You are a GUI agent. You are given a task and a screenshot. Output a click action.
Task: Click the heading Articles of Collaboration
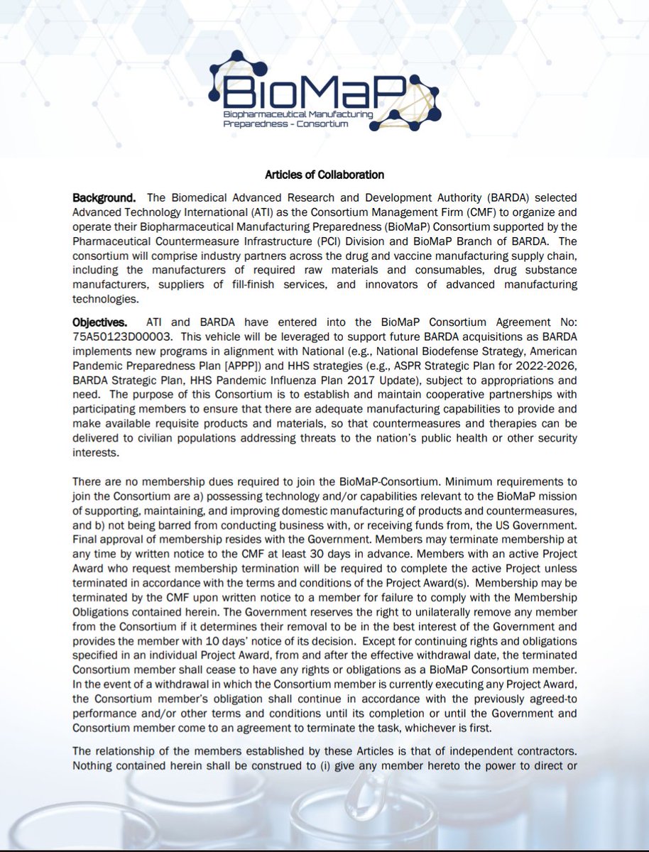[x=324, y=175]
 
